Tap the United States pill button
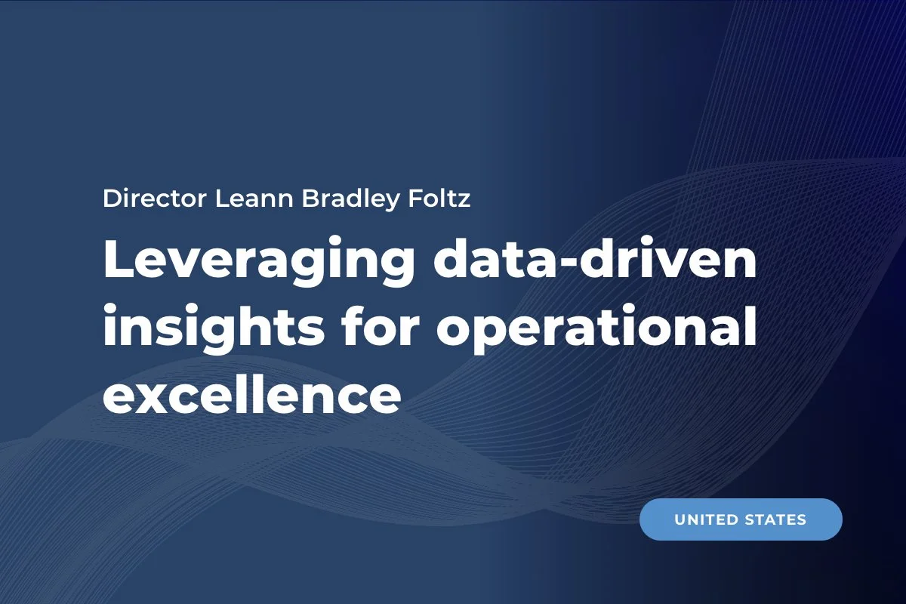pos(741,519)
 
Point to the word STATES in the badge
pos(778,519)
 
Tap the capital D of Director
pos(111,199)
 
